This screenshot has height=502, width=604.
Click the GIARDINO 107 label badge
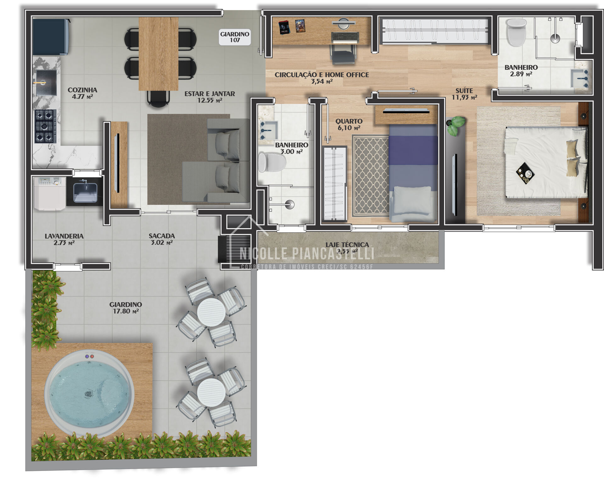click(x=234, y=37)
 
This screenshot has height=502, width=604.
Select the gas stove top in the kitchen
click(x=45, y=126)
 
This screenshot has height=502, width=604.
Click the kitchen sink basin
click(x=46, y=82)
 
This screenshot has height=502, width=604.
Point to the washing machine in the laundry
click(x=50, y=193)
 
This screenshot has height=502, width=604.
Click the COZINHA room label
click(x=82, y=90)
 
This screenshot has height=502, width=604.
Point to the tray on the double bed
click(x=525, y=173)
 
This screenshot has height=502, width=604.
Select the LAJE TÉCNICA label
click(x=347, y=245)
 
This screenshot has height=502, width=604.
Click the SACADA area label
click(x=162, y=236)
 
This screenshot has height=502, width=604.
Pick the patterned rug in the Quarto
click(x=371, y=176)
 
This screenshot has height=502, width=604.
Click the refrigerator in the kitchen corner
click(x=50, y=37)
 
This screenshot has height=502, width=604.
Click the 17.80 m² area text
click(x=126, y=311)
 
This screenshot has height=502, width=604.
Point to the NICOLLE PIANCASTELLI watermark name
click(x=307, y=253)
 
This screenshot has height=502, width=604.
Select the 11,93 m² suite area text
click(x=464, y=97)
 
